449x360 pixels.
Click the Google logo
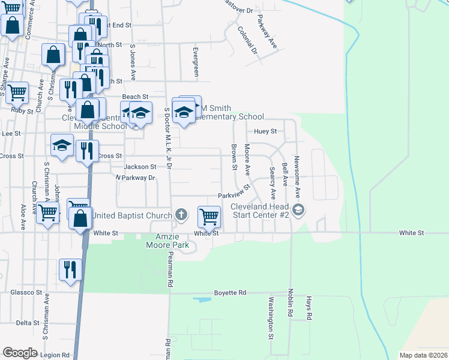click(x=20, y=352)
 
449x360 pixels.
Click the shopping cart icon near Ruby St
click(x=17, y=93)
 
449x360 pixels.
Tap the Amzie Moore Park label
click(x=167, y=241)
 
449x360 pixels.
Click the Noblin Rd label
click(x=289, y=306)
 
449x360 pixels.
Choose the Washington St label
click(x=271, y=316)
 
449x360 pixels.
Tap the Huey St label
click(x=265, y=131)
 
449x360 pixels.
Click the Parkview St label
click(x=234, y=195)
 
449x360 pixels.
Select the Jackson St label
click(x=140, y=167)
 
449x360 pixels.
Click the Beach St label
click(x=135, y=97)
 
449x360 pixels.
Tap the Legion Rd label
click(x=56, y=355)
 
